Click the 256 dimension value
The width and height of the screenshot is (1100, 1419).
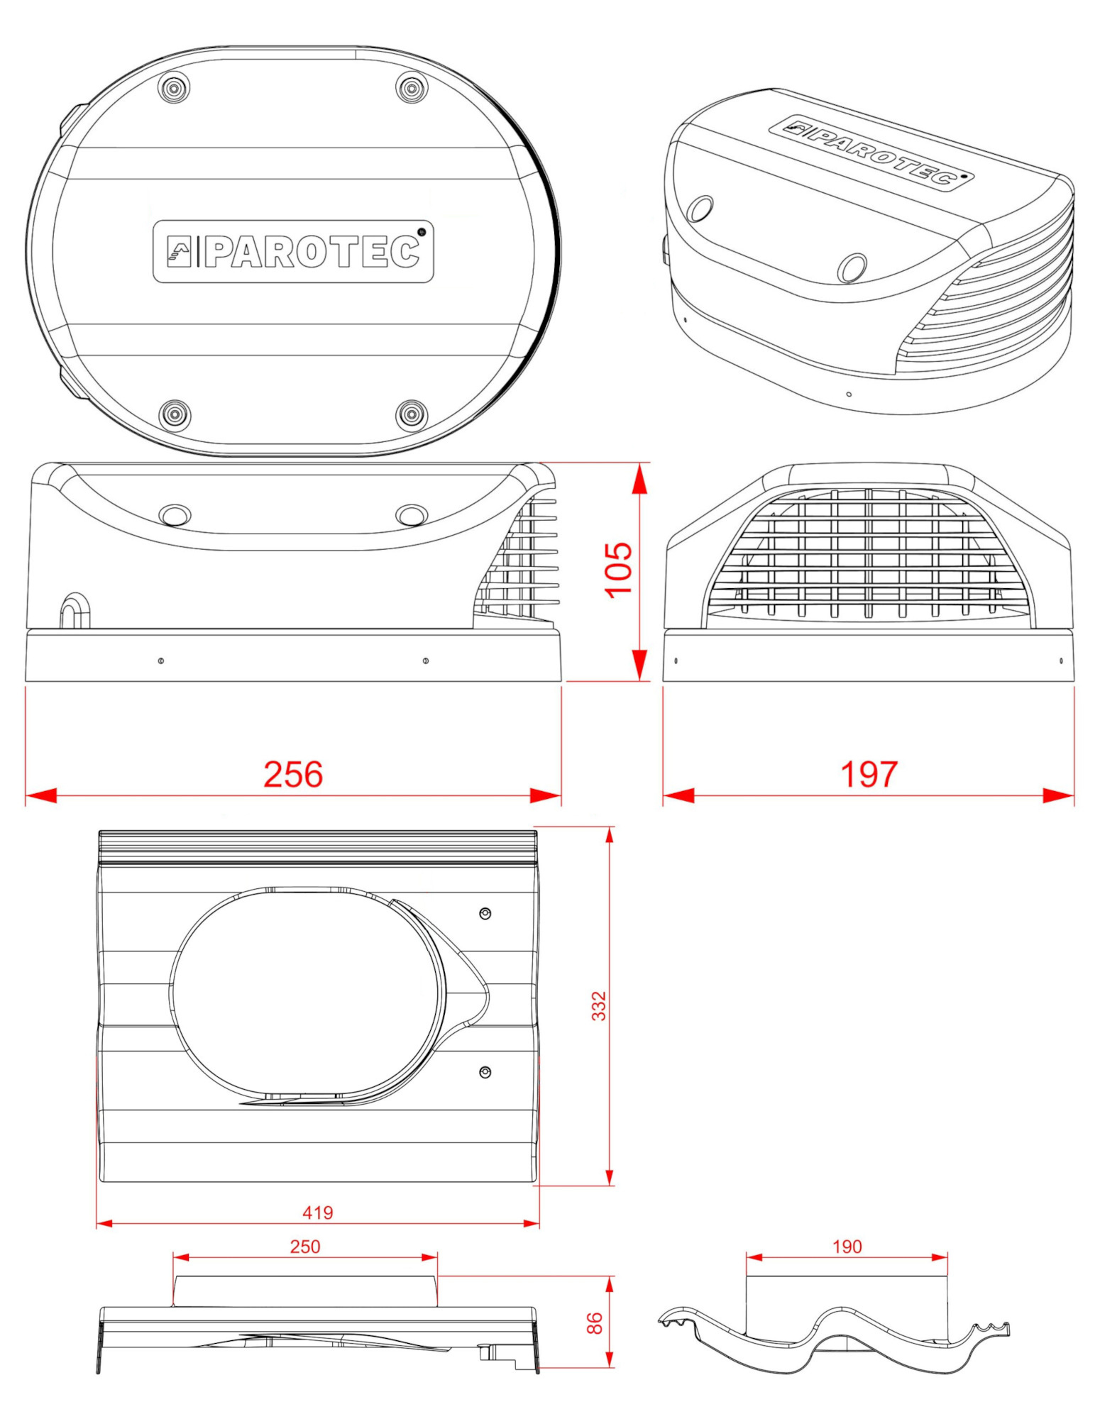pos(293,774)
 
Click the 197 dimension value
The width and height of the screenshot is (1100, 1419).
pos(869,774)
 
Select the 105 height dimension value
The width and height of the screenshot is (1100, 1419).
pos(618,570)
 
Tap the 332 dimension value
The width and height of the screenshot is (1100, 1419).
pos(599,1006)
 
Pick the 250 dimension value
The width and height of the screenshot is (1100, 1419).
pos(305,1247)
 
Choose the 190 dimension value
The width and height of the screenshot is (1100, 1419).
pos(847,1247)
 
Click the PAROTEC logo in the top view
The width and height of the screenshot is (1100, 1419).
pos(293,251)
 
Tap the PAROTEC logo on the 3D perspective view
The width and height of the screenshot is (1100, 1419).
pos(871,152)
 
